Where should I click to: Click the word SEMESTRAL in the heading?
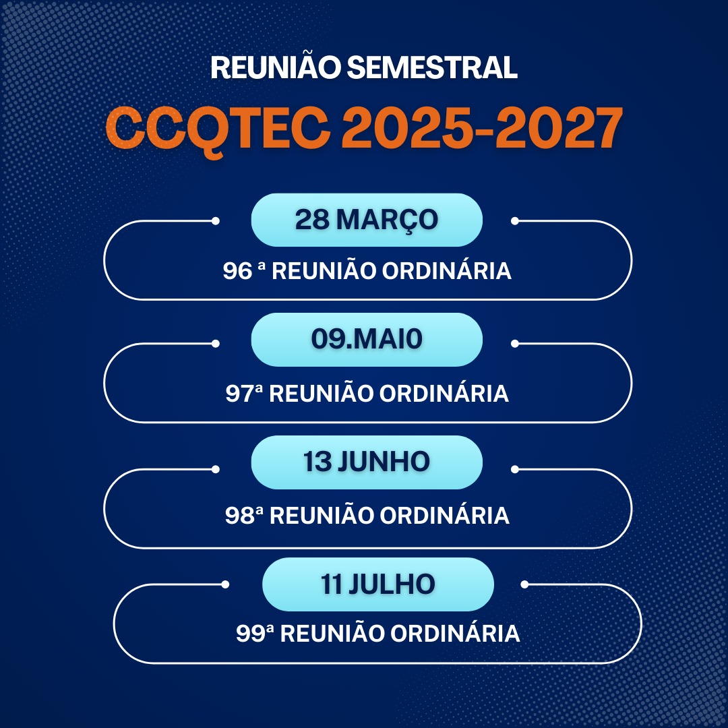pos(432,67)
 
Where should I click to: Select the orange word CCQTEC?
pos(218,128)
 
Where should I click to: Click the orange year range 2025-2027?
pos(482,127)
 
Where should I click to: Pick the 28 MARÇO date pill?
pos(367,220)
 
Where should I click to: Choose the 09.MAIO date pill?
pos(367,339)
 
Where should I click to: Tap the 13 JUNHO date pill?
pos(367,462)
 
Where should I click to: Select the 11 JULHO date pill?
pos(378,584)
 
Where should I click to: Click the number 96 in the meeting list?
pos(237,271)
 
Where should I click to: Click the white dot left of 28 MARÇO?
pos(216,221)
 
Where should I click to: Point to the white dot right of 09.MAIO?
pos(515,344)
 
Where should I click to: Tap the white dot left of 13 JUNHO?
pos(216,469)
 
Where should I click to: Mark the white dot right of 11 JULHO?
pos(524,584)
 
